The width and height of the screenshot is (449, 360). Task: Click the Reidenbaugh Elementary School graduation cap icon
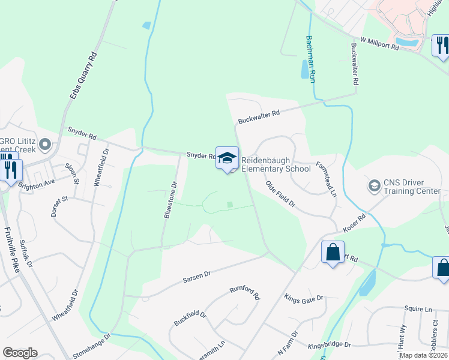pyautogui.click(x=227, y=158)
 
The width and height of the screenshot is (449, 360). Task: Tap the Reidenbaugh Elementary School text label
pyautogui.click(x=276, y=165)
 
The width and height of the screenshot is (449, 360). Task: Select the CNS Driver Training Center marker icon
pyautogui.click(x=375, y=186)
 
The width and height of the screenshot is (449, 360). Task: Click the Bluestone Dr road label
pyautogui.click(x=170, y=200)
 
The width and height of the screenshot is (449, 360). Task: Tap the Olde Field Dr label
pyautogui.click(x=281, y=194)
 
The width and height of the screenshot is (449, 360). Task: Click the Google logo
pyautogui.click(x=20, y=353)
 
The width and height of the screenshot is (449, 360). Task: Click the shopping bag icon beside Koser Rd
pyautogui.click(x=332, y=252)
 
